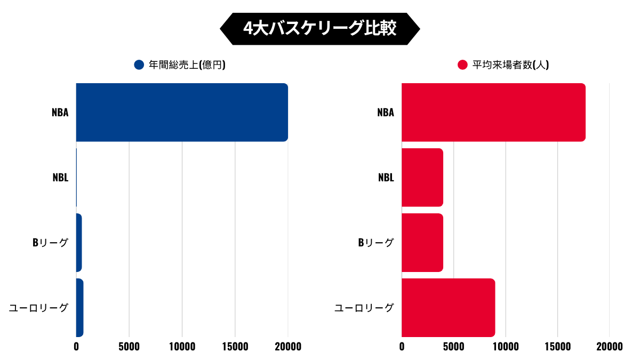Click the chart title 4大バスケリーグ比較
[x=319, y=28]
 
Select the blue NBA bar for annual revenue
[x=181, y=113]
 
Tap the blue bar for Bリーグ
[x=79, y=243]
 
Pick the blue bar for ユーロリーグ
[x=79, y=308]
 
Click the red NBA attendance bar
[x=493, y=113]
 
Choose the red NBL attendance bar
[x=422, y=178]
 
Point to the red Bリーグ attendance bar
[x=422, y=243]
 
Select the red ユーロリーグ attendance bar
[x=448, y=308]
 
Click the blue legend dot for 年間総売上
[x=139, y=65]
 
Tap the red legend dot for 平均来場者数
[x=463, y=65]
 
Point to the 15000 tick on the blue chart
[x=235, y=347]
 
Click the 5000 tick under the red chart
[x=453, y=347]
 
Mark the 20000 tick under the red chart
[x=609, y=347]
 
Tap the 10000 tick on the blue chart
[x=182, y=347]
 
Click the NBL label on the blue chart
[x=60, y=178]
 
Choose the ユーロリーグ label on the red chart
[x=364, y=308]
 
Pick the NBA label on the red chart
[x=385, y=113]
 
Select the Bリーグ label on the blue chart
[x=50, y=243]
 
